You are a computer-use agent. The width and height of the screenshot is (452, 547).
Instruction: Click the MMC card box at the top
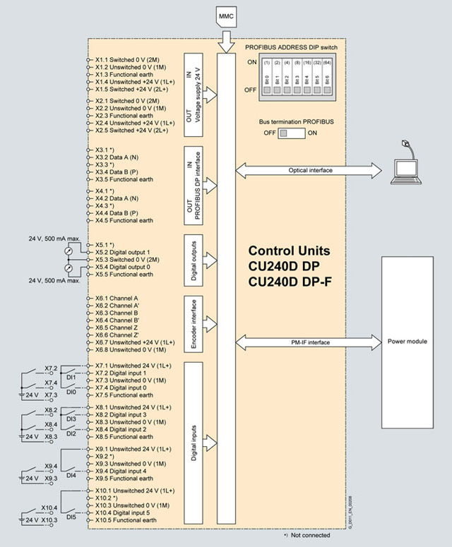click(227, 16)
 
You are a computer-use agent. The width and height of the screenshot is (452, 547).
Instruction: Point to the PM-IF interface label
click(310, 342)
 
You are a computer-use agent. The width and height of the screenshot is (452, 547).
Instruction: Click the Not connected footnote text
click(310, 535)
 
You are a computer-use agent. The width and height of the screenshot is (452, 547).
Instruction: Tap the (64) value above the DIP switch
click(328, 63)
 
